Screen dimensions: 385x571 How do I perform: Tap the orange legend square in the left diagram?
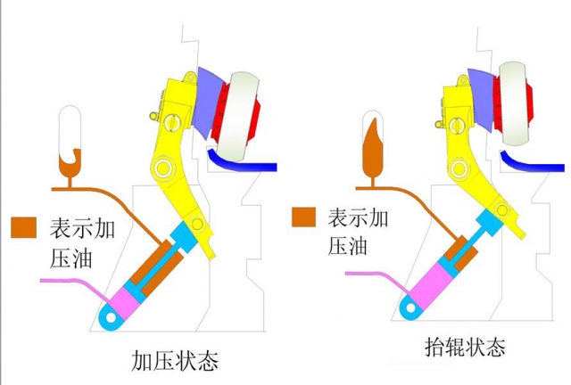tap(22, 226)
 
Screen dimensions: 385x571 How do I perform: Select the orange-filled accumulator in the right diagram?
tap(372, 147)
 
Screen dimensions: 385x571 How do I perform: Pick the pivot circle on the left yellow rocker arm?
tap(162, 168)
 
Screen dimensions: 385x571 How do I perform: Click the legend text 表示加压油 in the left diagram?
tap(79, 242)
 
